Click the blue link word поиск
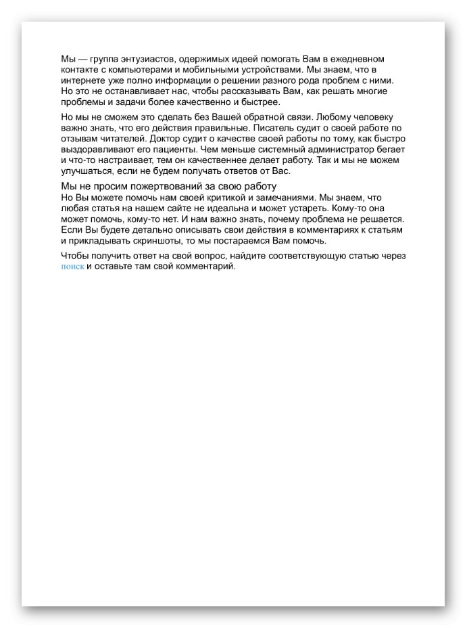[x=72, y=267]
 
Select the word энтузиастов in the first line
[x=143, y=59]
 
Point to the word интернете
[x=84, y=81]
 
